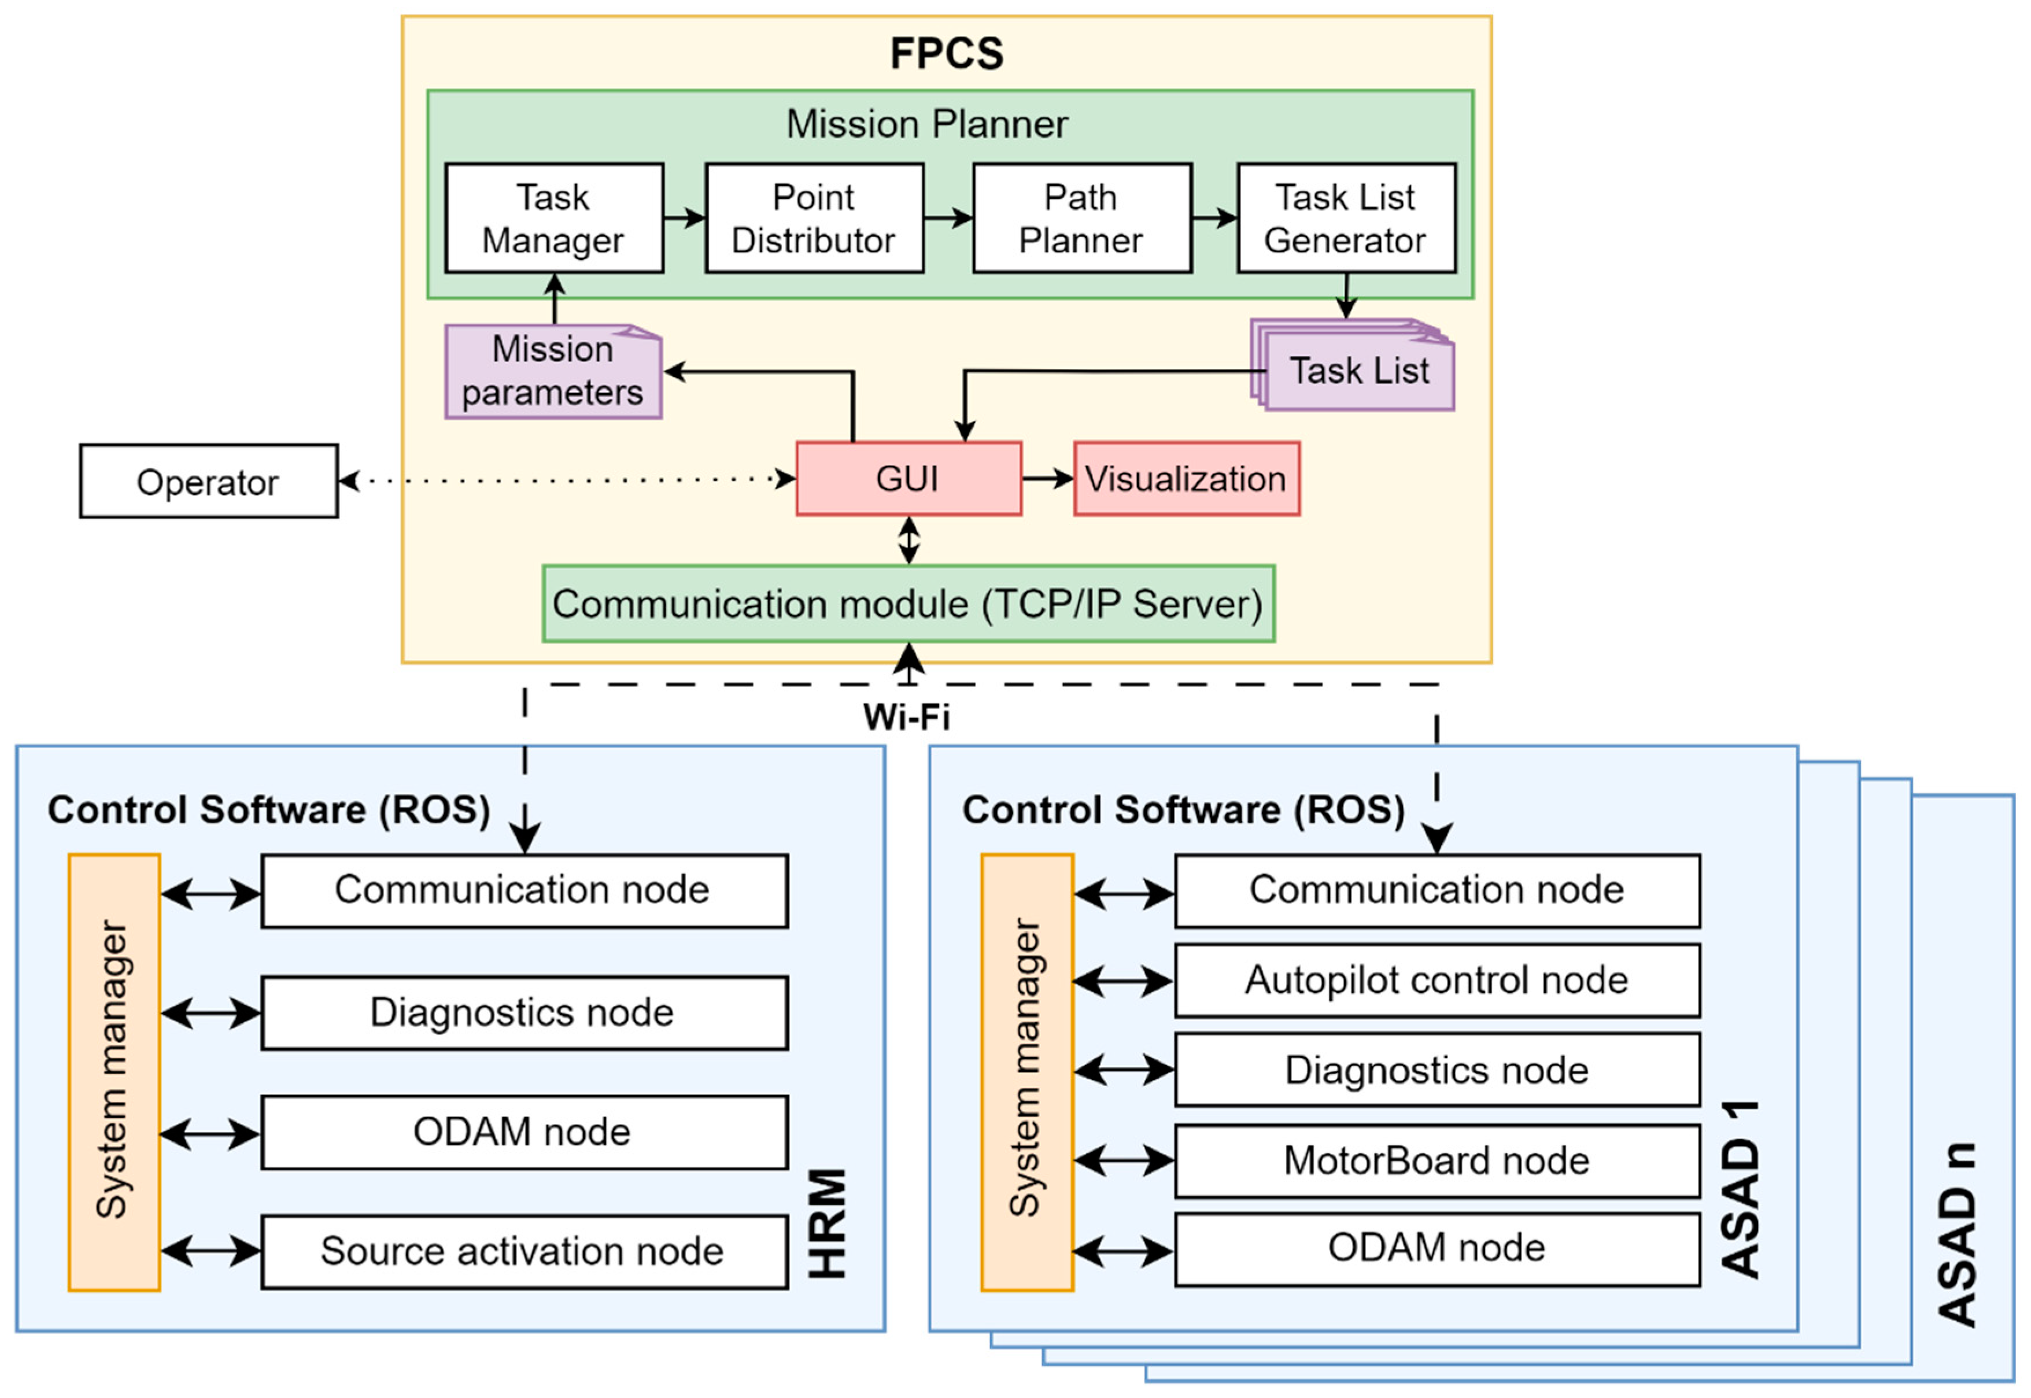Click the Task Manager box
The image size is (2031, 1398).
(554, 218)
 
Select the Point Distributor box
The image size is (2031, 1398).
(814, 218)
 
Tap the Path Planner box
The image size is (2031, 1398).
(1081, 218)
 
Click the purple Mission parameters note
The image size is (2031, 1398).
(553, 371)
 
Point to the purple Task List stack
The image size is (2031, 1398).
(1358, 371)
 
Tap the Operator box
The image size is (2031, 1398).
(209, 482)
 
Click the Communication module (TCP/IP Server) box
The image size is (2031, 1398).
(908, 604)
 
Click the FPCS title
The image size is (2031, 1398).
(946, 53)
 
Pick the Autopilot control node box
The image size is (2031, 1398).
(1437, 980)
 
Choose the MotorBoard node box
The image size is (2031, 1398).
(1437, 1160)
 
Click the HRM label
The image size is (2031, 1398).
(827, 1224)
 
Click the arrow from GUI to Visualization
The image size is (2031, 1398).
(1048, 478)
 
